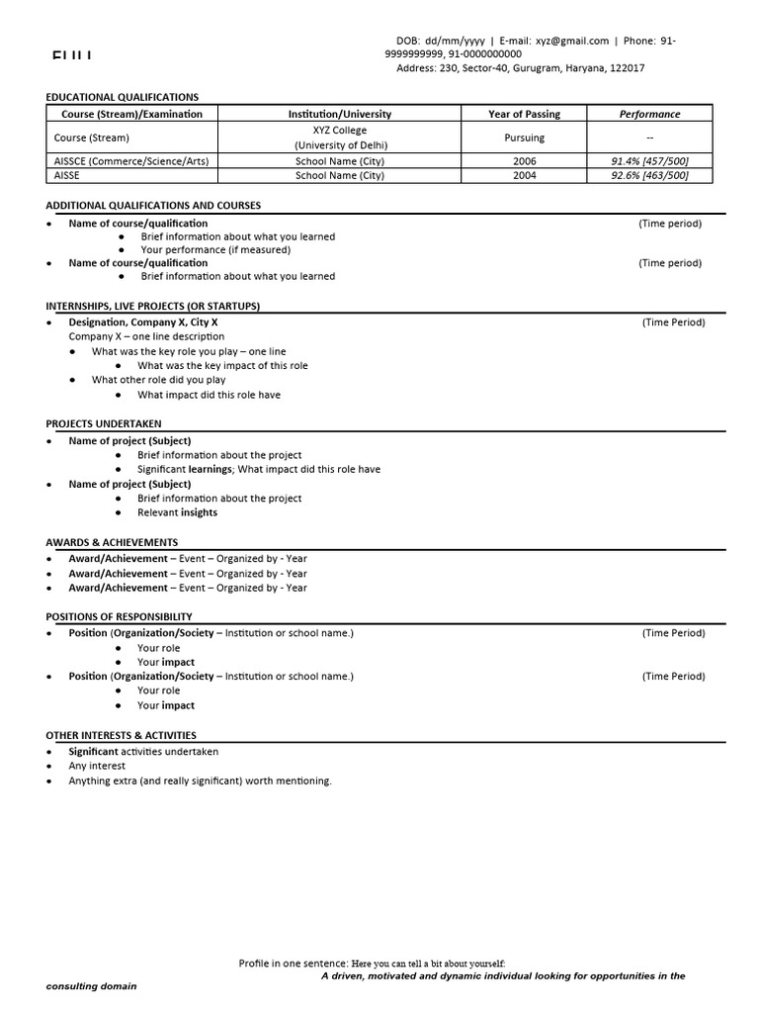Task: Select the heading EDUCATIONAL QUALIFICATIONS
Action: coord(122,97)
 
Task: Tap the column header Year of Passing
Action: coord(524,114)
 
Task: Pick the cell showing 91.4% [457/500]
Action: coord(649,160)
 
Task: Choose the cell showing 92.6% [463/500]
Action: coord(649,175)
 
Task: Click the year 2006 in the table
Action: coord(524,160)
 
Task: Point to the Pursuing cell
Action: coord(524,138)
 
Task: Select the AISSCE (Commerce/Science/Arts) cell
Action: coord(131,160)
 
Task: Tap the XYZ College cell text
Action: coord(339,131)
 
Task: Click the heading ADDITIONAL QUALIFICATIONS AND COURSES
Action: coord(153,205)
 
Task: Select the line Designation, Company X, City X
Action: coord(143,322)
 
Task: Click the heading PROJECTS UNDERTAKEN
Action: coord(104,423)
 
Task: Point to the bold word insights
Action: coord(199,512)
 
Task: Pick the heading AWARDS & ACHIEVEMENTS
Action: coord(112,542)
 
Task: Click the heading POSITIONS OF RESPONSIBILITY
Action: coord(119,616)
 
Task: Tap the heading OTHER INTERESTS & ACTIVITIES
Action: coord(121,735)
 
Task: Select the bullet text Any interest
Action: coord(96,766)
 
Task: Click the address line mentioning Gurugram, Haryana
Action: coord(520,68)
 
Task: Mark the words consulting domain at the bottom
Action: coord(92,986)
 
